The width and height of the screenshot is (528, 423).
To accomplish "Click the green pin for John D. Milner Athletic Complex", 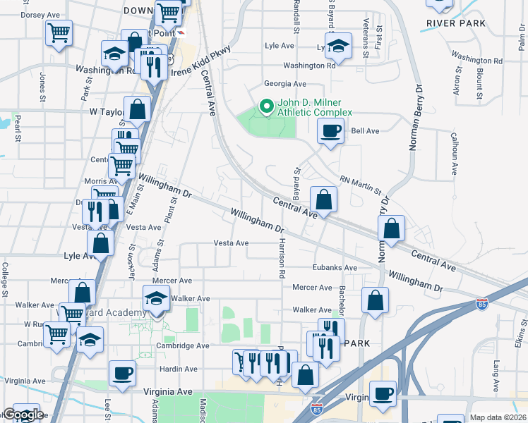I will tap(266, 106).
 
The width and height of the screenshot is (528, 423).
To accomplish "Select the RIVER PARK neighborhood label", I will tap(456, 23).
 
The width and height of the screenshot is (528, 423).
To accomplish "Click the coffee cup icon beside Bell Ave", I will tap(330, 130).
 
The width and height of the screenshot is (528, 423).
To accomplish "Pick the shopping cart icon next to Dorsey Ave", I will tap(59, 32).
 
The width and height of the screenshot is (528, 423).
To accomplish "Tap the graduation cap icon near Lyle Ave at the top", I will tap(338, 46).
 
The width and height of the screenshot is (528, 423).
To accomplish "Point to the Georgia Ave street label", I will tap(285, 84).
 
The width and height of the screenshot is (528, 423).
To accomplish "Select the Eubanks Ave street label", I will tap(335, 267).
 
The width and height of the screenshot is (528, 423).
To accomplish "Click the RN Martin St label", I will tap(360, 186).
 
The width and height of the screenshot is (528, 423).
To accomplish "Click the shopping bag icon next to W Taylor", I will tap(137, 109).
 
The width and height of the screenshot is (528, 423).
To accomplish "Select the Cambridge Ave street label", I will tap(183, 346).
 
